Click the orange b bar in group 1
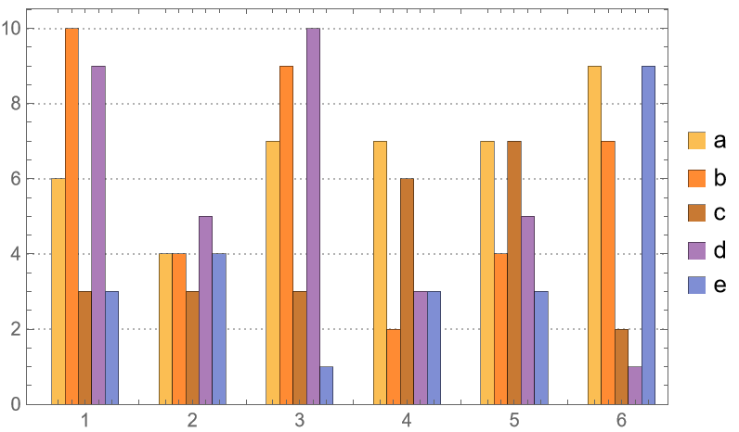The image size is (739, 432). (71, 216)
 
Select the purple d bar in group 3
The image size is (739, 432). (313, 216)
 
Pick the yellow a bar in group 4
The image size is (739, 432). (380, 273)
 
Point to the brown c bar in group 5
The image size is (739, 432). (514, 273)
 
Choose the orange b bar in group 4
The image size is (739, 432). (394, 366)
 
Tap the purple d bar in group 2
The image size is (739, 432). (205, 310)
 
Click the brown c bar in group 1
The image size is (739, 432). (84, 348)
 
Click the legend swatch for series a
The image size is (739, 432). (696, 141)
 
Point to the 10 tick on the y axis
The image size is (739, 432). (19, 28)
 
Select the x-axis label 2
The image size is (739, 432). (192, 420)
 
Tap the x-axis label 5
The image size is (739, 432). (514, 420)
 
